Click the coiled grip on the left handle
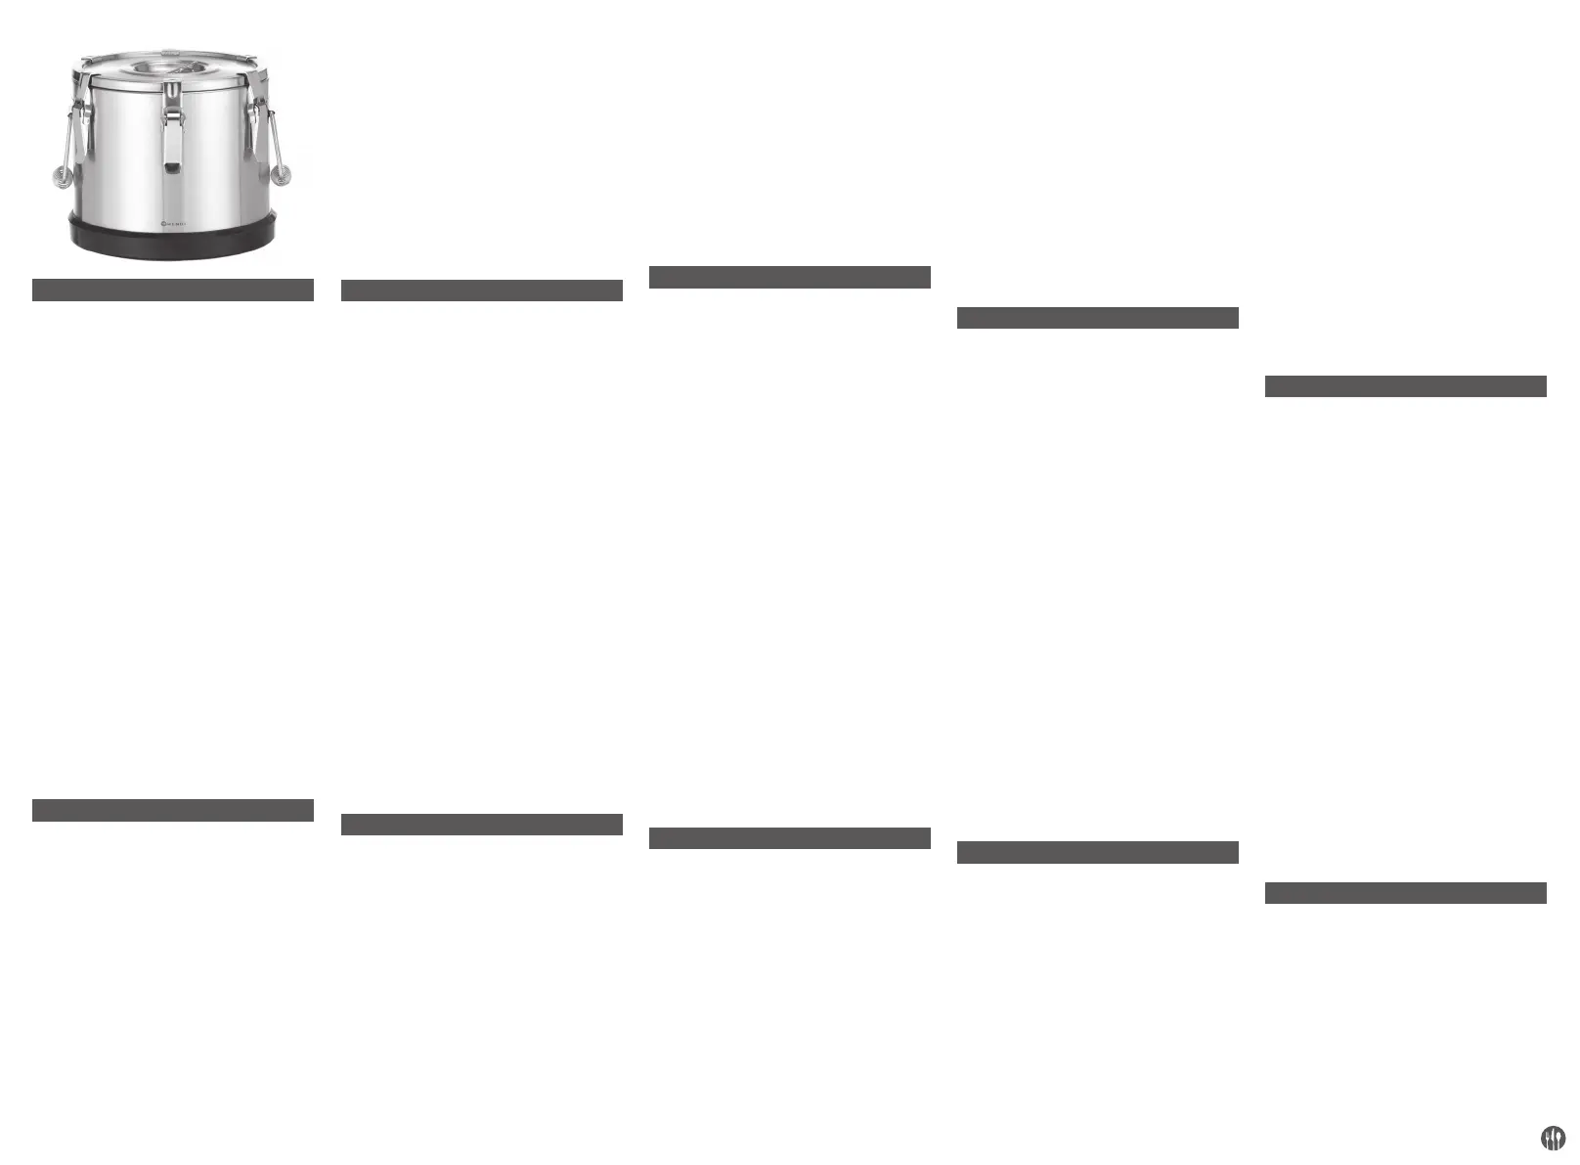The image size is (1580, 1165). pyautogui.click(x=63, y=177)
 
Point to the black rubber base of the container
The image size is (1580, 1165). pyautogui.click(x=172, y=244)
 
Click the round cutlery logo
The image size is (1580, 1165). pyautogui.click(x=1553, y=1138)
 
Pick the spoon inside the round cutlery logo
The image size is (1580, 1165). pyautogui.click(x=1558, y=1137)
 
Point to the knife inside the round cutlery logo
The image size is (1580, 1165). pyautogui.click(x=1553, y=1138)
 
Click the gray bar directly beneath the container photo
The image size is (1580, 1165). pyautogui.click(x=172, y=290)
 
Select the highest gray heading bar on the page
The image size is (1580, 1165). pyautogui.click(x=789, y=277)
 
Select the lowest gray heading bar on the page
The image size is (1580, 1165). pyautogui.click(x=1405, y=893)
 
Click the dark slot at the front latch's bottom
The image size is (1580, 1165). pyautogui.click(x=172, y=168)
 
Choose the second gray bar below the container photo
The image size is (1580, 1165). pyautogui.click(x=172, y=810)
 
